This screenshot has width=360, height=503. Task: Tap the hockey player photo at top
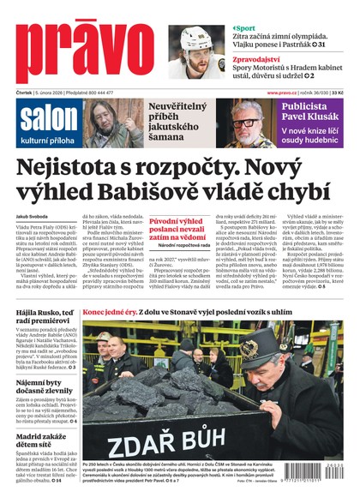point(195,51)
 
